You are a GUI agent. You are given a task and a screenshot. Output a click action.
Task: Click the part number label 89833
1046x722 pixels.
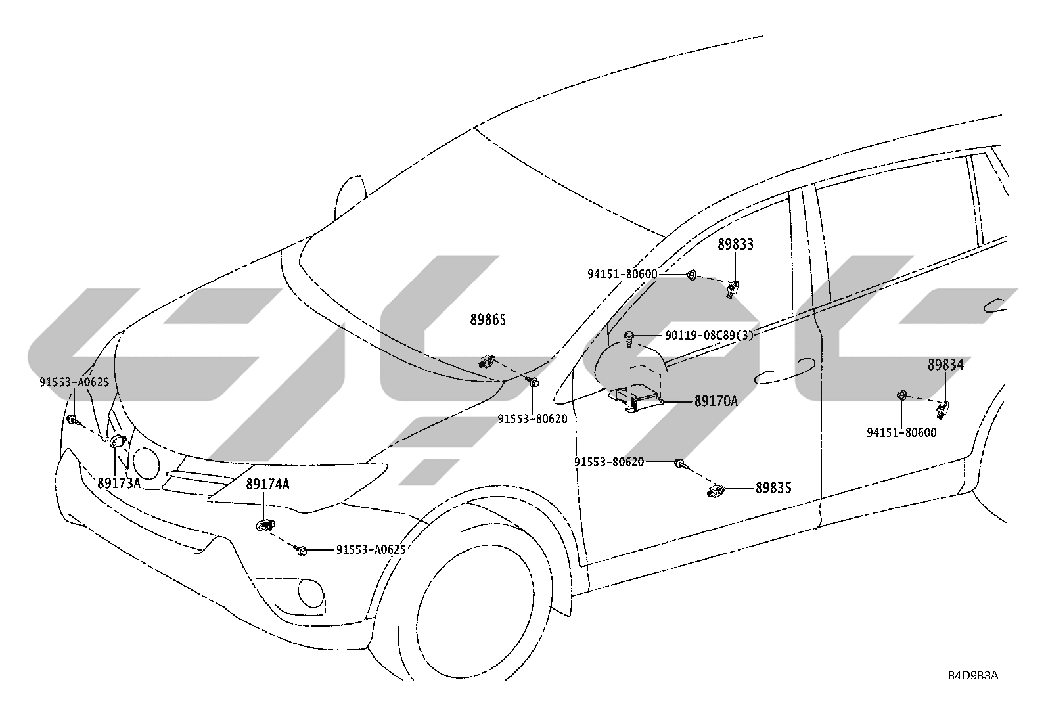coord(735,244)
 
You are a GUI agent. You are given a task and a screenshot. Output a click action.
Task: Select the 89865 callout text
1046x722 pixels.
coord(488,320)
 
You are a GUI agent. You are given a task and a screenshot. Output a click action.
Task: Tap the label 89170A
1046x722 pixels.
coord(716,401)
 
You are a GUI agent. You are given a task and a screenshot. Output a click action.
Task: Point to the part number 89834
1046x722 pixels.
coord(945,365)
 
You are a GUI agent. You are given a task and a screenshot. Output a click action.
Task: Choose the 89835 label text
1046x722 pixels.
coord(774,489)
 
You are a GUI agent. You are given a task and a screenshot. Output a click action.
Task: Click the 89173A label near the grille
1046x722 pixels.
coord(119,483)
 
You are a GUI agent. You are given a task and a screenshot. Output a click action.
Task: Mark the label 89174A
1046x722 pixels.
coord(267,484)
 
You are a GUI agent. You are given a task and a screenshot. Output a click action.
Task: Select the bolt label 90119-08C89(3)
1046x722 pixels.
coord(710,335)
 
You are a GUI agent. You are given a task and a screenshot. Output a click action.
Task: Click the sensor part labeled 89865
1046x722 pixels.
coord(487,361)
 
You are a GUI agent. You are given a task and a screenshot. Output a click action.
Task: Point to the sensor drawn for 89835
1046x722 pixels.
coord(714,491)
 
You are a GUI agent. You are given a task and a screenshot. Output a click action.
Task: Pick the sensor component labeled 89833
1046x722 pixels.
coord(733,289)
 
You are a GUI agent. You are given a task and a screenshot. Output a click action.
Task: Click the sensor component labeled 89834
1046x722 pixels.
coord(943,409)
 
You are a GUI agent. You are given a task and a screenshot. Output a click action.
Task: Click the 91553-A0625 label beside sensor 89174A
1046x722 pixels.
coord(371,550)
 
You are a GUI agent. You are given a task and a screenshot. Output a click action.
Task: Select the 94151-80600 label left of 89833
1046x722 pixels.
coord(622,274)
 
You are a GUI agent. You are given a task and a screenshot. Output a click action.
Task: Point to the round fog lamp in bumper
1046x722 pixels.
coord(311,593)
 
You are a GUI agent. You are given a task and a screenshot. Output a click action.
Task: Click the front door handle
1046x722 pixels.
coord(785,371)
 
